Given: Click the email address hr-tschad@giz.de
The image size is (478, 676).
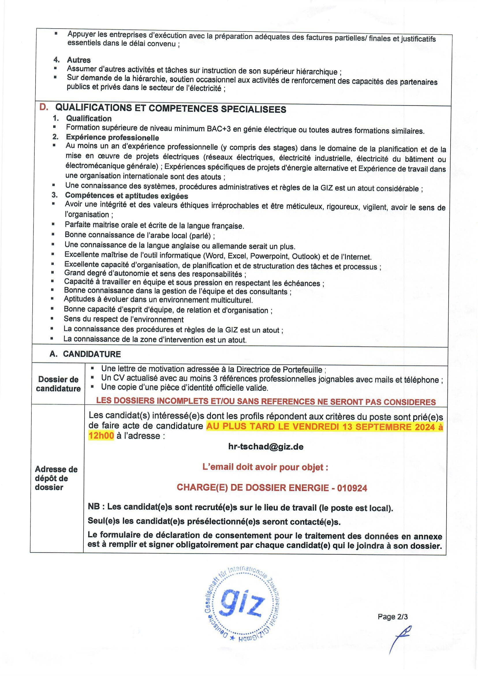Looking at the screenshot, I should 266,447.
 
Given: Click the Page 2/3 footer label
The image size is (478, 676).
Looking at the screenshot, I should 393,616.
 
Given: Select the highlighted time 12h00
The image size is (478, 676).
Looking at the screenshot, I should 101,436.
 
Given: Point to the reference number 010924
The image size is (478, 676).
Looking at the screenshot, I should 352,488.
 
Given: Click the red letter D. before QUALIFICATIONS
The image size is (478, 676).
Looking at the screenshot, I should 44,108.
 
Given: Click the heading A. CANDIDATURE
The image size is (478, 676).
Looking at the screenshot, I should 85,354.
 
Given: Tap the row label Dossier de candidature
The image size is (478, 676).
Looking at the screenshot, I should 58,384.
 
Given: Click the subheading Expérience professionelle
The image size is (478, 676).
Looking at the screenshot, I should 113,138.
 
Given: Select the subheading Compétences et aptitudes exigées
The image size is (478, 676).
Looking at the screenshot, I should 126,196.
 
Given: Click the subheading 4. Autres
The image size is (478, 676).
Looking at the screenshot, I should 72,60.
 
